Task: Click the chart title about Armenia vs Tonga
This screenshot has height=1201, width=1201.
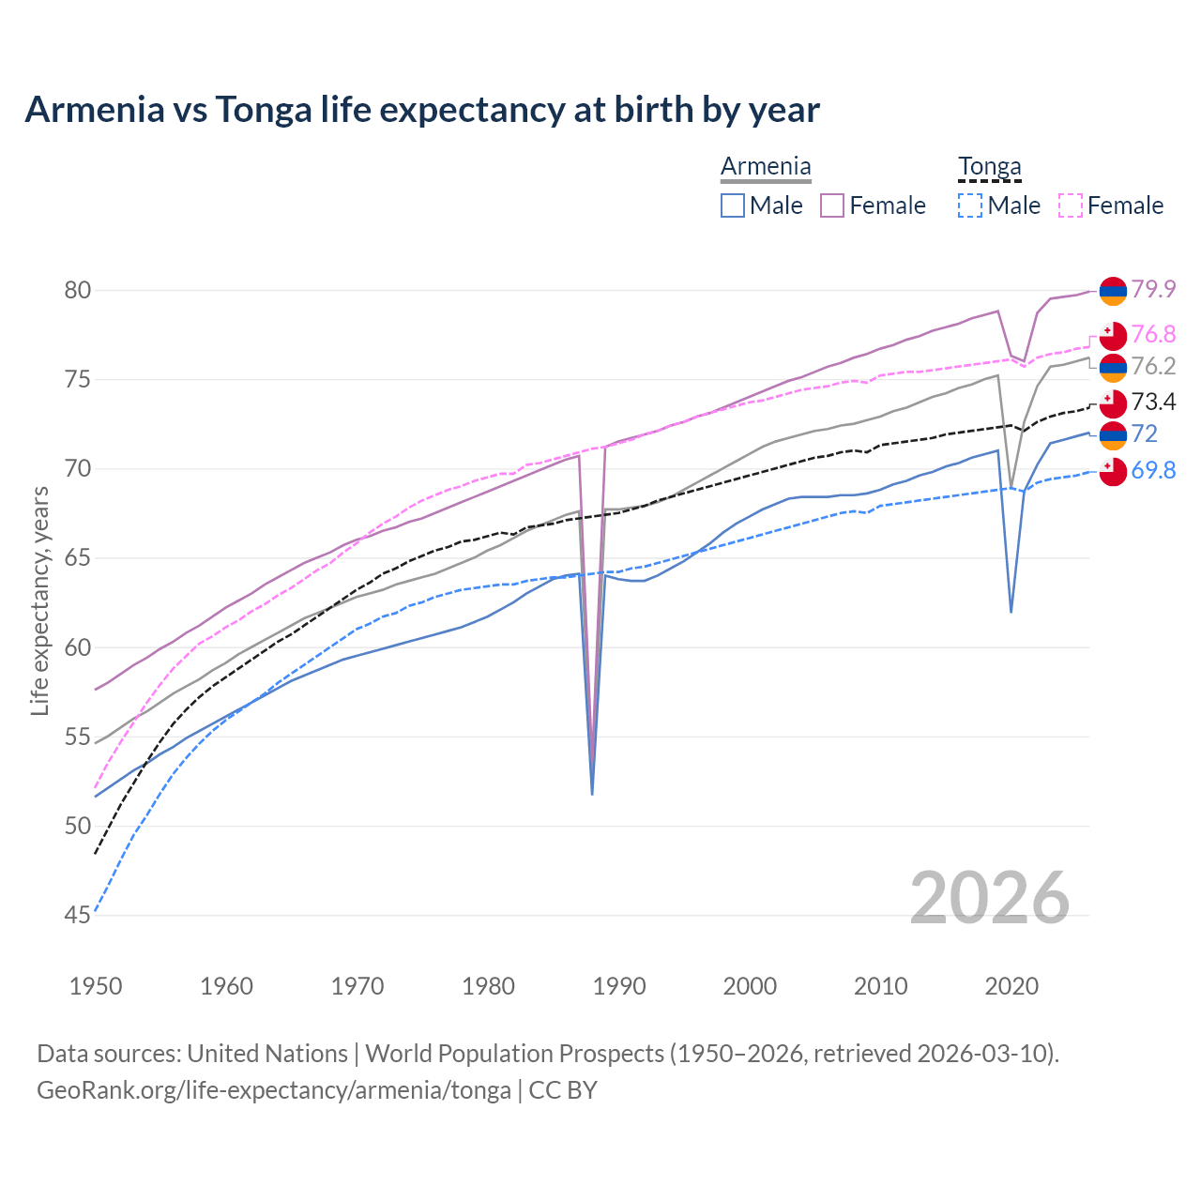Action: point(422,110)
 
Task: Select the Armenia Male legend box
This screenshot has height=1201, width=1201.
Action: point(733,205)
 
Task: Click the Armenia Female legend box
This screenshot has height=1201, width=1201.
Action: point(832,205)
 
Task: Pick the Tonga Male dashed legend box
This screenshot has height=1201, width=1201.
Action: point(970,205)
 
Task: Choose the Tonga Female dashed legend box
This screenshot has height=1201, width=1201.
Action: point(1071,205)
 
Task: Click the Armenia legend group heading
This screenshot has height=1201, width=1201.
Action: point(766,167)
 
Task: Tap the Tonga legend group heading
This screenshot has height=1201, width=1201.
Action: point(989,167)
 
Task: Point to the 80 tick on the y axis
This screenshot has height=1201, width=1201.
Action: point(78,290)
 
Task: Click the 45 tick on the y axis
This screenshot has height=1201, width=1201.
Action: point(78,915)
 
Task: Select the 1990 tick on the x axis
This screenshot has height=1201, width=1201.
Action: point(619,986)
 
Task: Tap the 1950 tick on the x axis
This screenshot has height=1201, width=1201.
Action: point(96,986)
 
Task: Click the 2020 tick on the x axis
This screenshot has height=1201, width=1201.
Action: point(1011,986)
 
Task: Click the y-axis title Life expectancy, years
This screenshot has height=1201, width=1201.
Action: point(39,600)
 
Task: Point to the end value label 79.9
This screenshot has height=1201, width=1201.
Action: point(1153,289)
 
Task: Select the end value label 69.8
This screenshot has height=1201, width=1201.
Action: point(1153,470)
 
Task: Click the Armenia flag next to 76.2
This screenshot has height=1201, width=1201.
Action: point(1113,368)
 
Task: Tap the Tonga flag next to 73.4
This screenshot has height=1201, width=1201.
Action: point(1113,403)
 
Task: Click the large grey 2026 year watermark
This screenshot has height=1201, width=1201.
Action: point(990,898)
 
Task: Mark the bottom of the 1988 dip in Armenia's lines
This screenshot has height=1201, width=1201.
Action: point(592,793)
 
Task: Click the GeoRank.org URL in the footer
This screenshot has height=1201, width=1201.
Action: point(274,1090)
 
